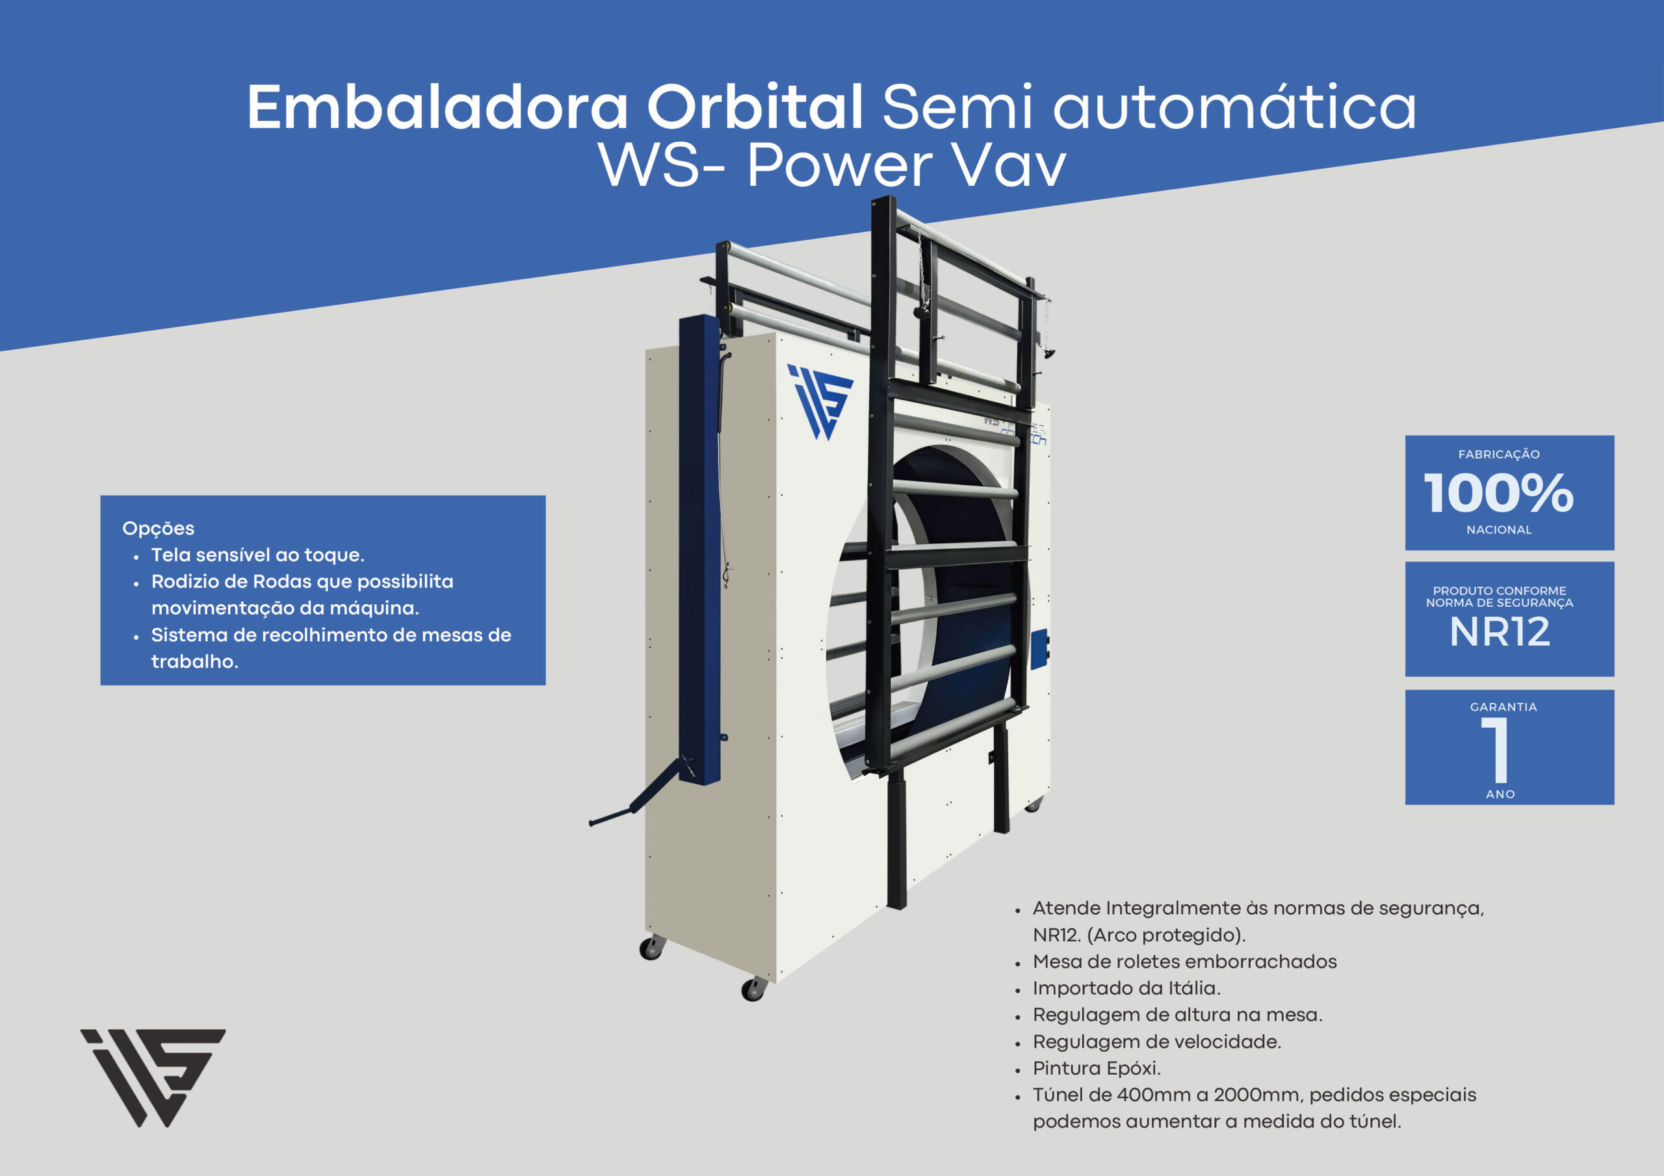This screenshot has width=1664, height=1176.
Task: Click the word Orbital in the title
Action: click(x=755, y=107)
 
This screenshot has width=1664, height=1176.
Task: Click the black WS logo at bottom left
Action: click(x=153, y=1077)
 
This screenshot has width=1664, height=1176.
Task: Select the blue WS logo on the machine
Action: click(x=820, y=402)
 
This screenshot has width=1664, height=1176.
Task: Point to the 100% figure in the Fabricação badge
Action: click(x=1498, y=493)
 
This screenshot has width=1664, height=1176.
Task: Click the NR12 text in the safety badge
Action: click(x=1500, y=632)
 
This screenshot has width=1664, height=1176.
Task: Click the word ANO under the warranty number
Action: click(x=1500, y=794)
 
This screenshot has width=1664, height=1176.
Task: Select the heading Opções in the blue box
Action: click(x=158, y=528)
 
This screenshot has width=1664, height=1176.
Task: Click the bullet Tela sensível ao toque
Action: click(x=257, y=555)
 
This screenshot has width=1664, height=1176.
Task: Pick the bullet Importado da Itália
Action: click(x=1126, y=988)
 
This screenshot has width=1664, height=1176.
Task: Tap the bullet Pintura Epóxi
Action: click(x=1097, y=1068)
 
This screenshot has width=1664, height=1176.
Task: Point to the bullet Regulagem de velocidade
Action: click(x=1157, y=1042)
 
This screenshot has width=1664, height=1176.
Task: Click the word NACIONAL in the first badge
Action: click(x=1499, y=530)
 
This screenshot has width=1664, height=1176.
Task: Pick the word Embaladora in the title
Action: click(x=437, y=107)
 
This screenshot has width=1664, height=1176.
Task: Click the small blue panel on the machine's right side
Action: click(x=1040, y=649)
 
